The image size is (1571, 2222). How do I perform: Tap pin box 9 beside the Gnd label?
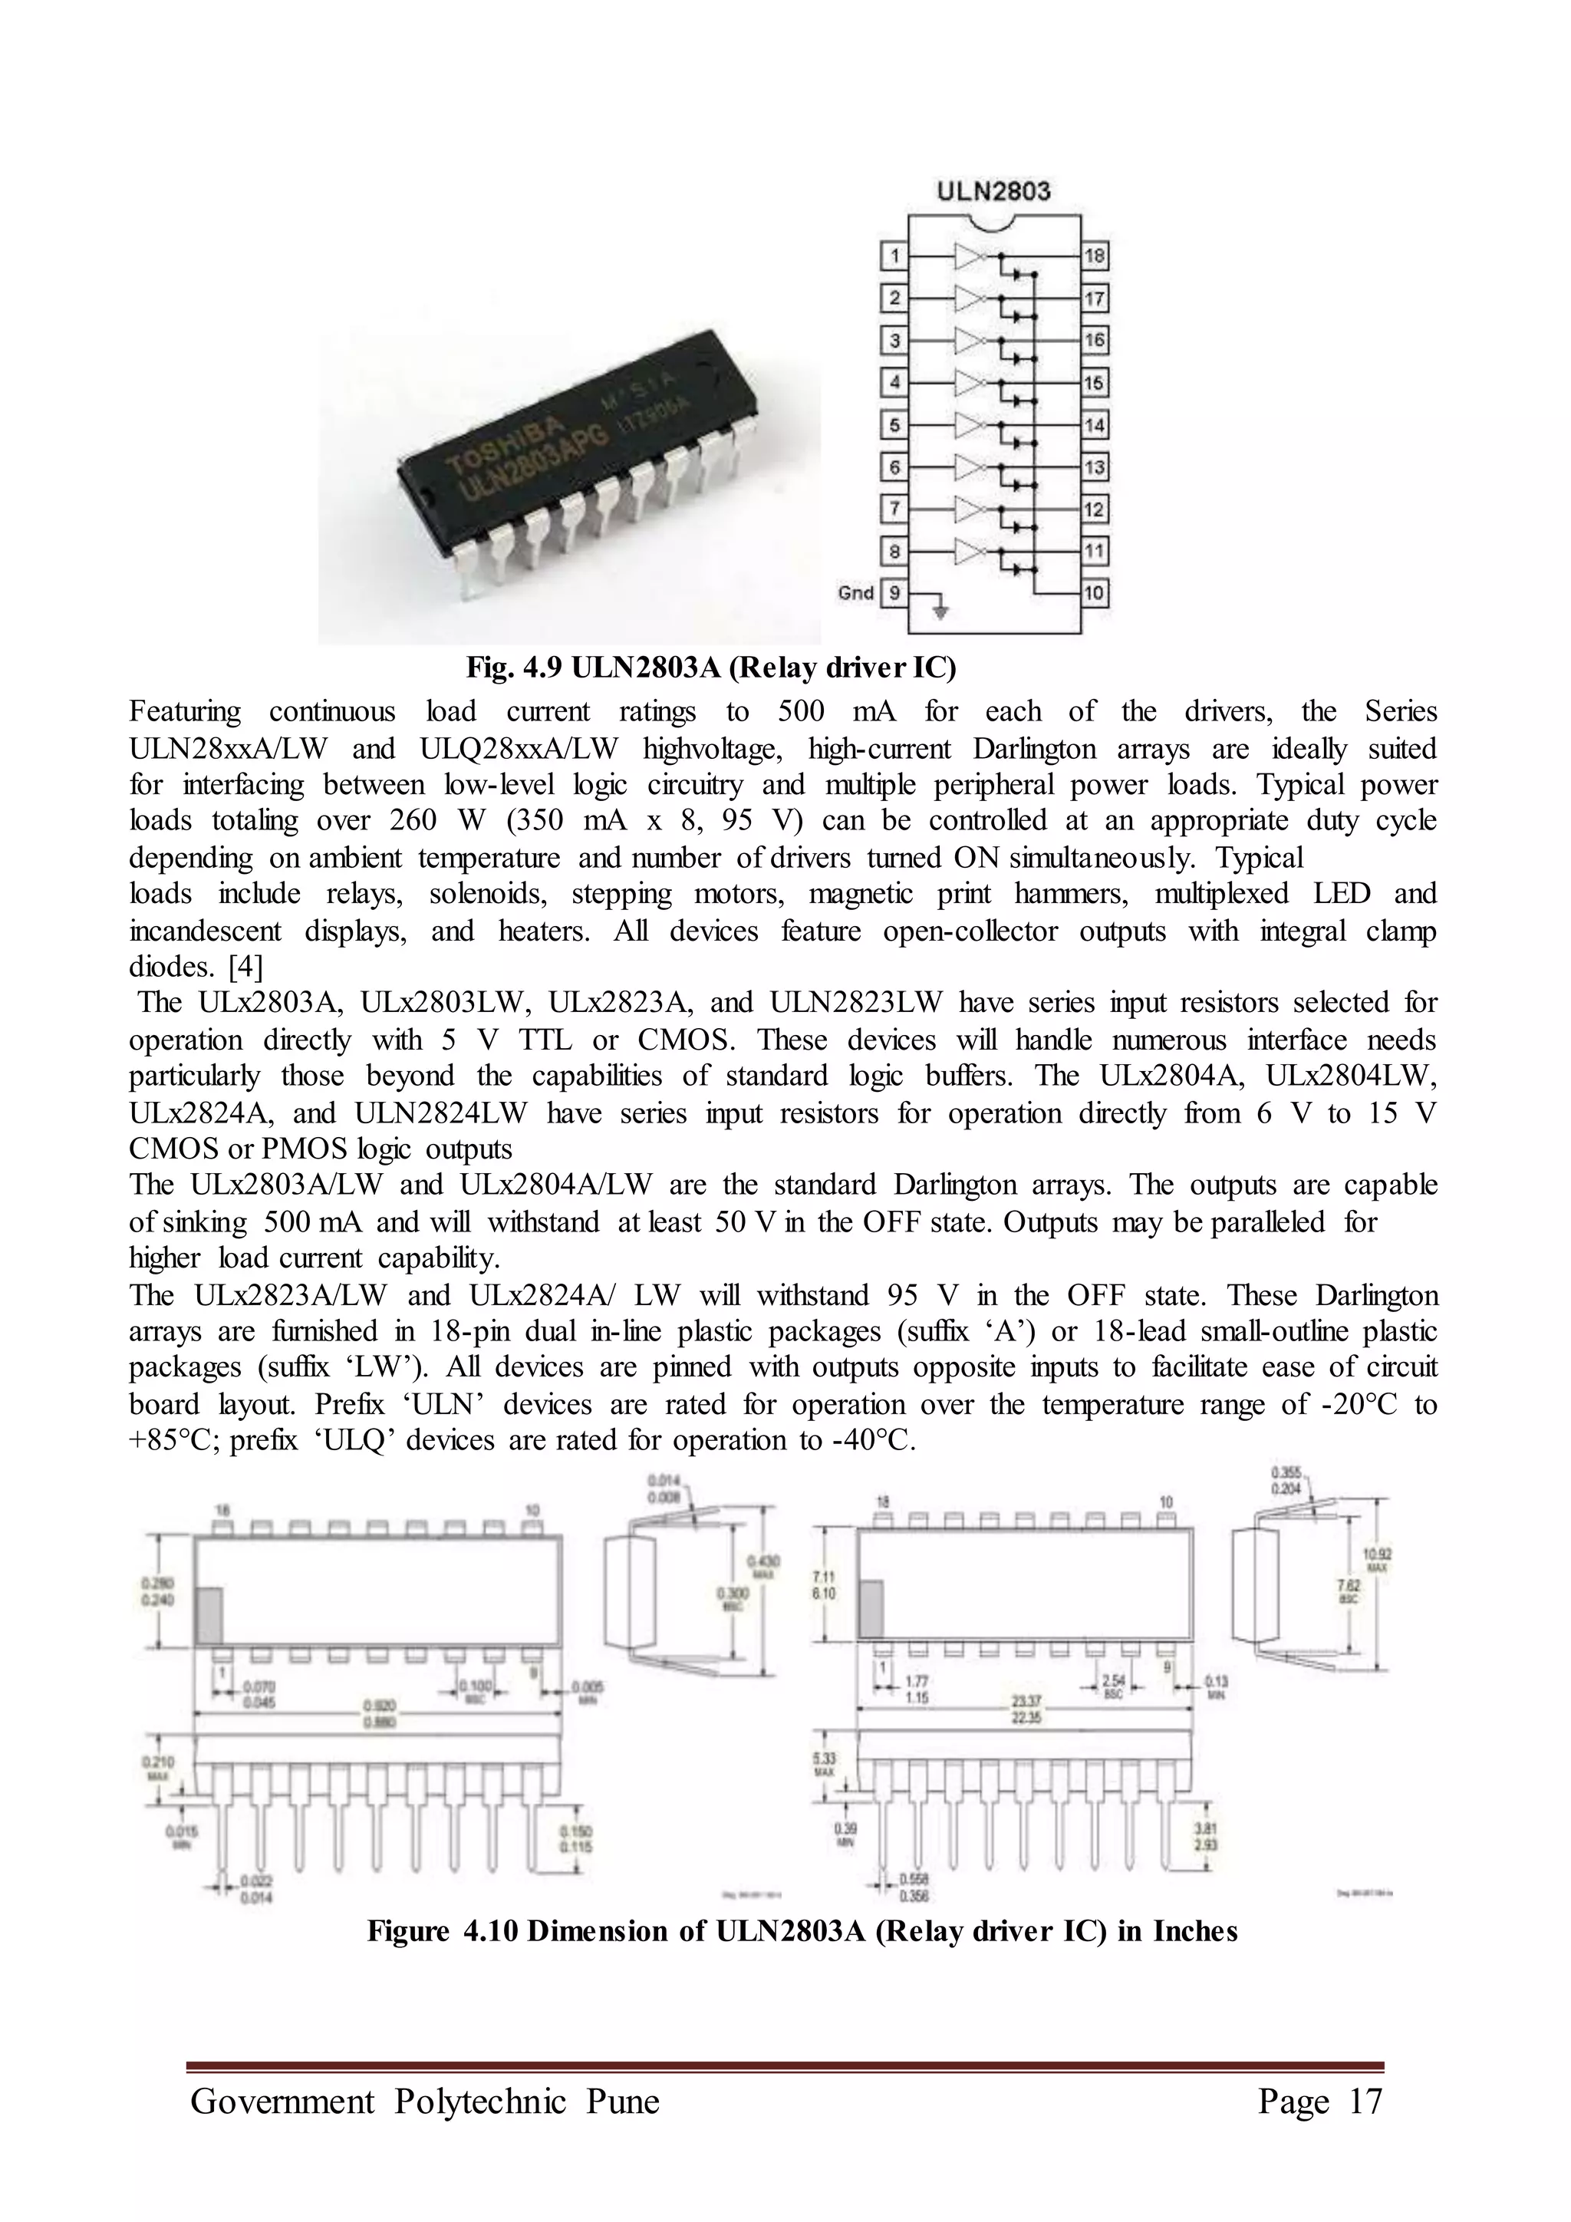point(894,592)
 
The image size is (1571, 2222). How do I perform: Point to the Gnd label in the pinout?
point(856,592)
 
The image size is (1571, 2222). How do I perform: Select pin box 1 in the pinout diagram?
point(894,256)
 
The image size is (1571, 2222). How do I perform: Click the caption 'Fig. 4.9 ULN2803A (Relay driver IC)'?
point(711,668)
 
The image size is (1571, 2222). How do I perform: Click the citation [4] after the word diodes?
point(245,966)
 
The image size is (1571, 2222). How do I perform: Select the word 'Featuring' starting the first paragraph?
point(185,712)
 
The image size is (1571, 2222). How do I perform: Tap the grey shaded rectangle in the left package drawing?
point(209,1615)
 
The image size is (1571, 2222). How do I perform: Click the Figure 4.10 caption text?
point(802,1930)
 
